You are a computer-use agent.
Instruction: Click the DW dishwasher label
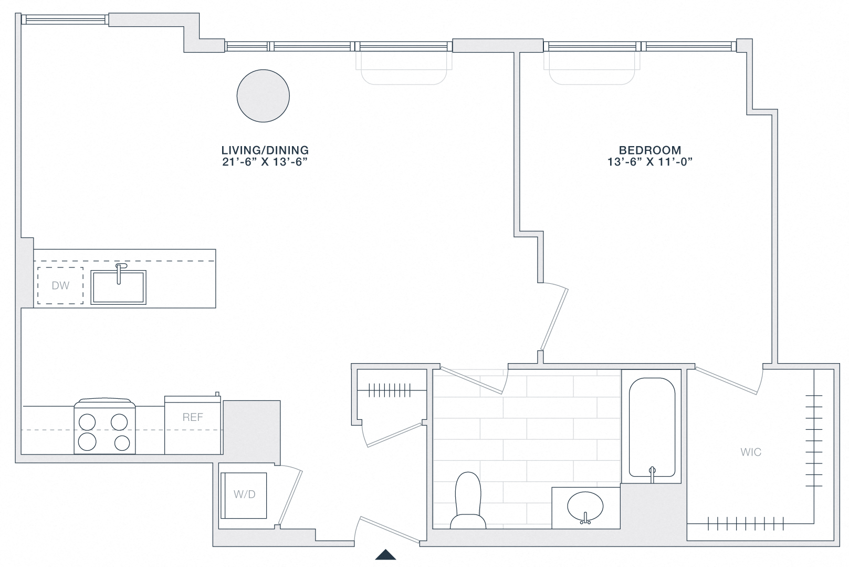click(x=60, y=286)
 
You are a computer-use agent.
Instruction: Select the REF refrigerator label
click(x=193, y=417)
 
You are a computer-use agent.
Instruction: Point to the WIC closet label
click(x=751, y=452)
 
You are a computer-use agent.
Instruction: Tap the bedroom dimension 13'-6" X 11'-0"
click(x=650, y=162)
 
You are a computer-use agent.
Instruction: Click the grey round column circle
click(x=263, y=96)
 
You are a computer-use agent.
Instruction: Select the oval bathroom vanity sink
click(x=585, y=508)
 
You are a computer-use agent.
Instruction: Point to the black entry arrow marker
click(x=385, y=554)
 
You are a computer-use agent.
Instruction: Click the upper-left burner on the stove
click(x=87, y=421)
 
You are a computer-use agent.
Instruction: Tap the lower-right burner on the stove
click(x=121, y=442)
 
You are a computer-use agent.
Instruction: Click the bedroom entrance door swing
click(x=554, y=318)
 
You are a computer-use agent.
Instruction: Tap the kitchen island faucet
click(x=120, y=271)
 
